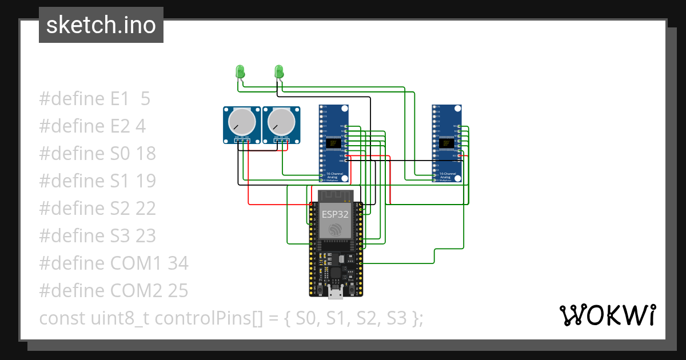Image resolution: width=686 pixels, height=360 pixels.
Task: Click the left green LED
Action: click(240, 71)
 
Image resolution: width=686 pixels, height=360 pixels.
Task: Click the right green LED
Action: click(279, 71)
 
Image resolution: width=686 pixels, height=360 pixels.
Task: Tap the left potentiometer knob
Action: click(240, 121)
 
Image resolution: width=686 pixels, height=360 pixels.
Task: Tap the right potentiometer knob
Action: click(280, 121)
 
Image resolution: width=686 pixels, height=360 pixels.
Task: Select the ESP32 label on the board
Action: click(334, 214)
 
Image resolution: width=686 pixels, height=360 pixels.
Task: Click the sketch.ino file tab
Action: click(101, 25)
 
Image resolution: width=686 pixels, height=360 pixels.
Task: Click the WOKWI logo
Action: click(607, 315)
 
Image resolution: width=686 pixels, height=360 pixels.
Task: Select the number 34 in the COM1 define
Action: click(177, 263)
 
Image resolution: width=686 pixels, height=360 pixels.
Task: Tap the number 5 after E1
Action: click(145, 99)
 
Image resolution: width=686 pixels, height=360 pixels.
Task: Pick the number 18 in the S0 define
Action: click(146, 154)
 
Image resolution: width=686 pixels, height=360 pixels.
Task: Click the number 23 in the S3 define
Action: click(146, 236)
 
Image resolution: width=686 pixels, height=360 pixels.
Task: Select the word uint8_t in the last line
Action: click(119, 318)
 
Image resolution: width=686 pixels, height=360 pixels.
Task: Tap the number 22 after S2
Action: click(146, 209)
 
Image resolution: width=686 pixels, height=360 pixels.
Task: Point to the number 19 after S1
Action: click(146, 181)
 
